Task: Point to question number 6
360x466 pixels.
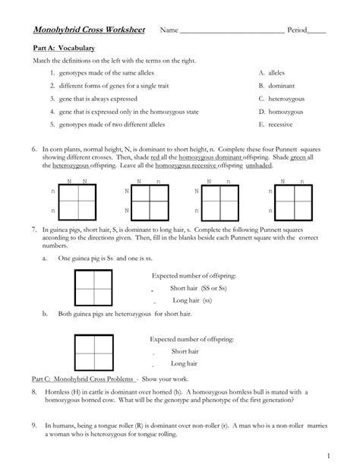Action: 35,151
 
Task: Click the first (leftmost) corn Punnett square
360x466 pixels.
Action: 80,201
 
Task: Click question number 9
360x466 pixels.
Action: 35,426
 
